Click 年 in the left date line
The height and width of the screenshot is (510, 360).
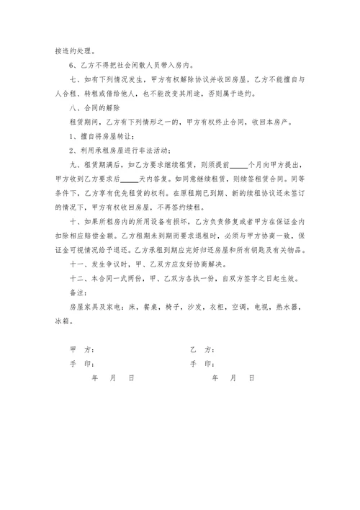94,378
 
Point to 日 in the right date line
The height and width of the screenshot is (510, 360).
251,378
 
